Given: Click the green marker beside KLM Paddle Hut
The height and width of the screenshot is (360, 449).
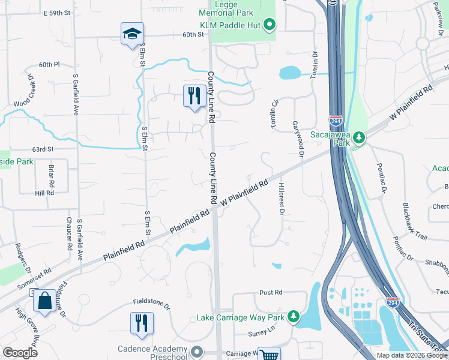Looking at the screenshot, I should (270, 25).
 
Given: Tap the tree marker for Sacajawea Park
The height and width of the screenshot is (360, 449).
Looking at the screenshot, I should (358, 139).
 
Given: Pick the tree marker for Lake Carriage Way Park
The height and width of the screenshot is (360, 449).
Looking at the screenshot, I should (294, 316).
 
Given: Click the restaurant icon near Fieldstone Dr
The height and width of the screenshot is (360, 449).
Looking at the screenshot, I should (142, 322).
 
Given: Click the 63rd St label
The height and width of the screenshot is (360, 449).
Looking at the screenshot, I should (43, 149).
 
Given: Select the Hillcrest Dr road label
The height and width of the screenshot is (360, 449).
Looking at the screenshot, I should (280, 199).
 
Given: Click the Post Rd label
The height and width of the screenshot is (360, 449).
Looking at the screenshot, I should (270, 293).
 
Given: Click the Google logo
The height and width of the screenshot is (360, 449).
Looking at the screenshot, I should (20, 353).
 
